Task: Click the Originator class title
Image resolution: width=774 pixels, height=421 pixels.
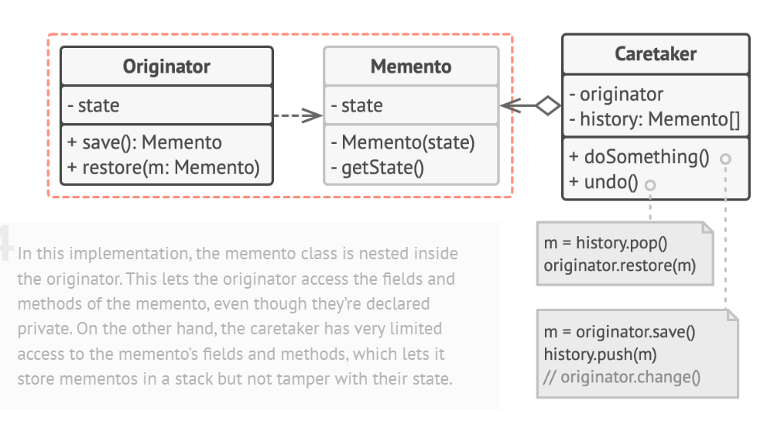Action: click(166, 67)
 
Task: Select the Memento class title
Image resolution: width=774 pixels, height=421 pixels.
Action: click(411, 67)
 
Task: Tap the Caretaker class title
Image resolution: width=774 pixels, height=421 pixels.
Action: click(655, 54)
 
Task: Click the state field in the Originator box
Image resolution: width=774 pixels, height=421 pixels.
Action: click(99, 106)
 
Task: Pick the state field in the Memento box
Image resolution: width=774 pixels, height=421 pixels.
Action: click(362, 106)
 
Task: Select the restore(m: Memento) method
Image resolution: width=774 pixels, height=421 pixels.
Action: click(164, 166)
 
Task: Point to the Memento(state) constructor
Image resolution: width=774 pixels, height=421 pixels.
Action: click(402, 143)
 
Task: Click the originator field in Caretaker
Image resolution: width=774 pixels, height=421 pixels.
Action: click(616, 94)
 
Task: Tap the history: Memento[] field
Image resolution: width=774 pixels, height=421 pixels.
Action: click(655, 119)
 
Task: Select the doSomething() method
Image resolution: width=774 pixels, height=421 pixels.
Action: click(639, 157)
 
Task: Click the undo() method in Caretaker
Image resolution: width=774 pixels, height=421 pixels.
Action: click(603, 183)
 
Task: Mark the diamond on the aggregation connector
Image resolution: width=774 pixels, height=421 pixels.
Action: click(548, 106)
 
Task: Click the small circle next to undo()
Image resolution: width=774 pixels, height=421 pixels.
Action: click(650, 184)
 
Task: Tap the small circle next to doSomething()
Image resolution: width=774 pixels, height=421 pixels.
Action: click(725, 159)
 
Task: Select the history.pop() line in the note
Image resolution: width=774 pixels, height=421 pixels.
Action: click(605, 243)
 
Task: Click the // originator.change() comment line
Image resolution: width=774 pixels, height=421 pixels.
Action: click(622, 378)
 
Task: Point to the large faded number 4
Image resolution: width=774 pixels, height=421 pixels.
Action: click(6, 241)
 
